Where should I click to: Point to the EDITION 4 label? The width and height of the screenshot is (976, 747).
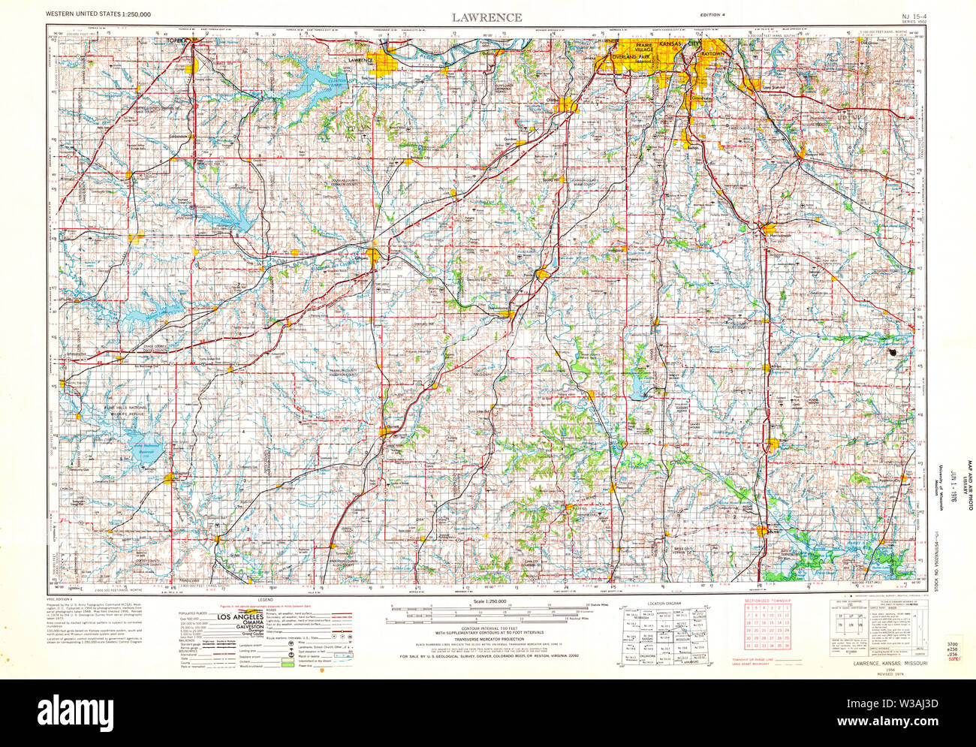(x=712, y=15)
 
